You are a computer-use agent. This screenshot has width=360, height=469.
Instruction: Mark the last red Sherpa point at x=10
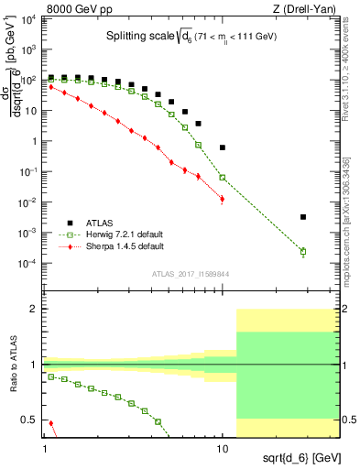point(222,199)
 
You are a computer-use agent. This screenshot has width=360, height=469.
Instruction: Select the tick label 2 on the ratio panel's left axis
point(35,309)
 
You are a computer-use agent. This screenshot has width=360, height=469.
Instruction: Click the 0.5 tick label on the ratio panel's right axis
point(348,420)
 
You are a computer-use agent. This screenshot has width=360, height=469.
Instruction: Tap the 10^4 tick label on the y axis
point(31,19)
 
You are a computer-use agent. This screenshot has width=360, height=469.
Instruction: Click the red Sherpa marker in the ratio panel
point(50,424)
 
